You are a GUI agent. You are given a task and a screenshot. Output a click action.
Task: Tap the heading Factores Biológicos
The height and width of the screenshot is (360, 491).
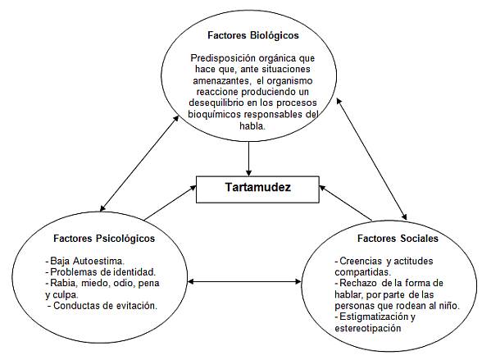tap(253, 35)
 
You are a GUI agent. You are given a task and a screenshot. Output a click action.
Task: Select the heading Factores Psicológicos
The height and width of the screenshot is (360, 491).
tap(104, 239)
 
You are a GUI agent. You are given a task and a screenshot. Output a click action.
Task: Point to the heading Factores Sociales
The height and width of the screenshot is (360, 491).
tap(398, 239)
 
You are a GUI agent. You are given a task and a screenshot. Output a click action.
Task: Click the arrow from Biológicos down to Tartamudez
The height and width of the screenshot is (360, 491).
tap(248, 159)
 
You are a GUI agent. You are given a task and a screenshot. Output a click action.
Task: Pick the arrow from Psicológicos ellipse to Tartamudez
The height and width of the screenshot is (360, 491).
tap(170, 203)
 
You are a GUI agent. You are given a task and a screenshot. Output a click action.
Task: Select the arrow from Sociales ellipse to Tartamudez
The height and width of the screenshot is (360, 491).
tap(345, 203)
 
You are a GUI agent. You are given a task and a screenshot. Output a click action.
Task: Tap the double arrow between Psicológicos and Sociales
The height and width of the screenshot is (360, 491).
tap(244, 281)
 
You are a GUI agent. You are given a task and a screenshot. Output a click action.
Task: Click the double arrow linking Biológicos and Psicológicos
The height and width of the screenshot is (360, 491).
tap(139, 163)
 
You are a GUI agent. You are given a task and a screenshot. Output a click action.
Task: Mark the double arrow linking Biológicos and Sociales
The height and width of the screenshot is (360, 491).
tap(371, 159)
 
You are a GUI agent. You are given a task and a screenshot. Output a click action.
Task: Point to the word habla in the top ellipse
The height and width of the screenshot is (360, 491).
tap(252, 125)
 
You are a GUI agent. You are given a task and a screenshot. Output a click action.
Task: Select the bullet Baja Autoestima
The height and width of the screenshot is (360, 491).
tap(85, 261)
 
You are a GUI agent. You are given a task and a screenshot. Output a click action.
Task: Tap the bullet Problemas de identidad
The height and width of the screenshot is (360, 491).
tap(101, 271)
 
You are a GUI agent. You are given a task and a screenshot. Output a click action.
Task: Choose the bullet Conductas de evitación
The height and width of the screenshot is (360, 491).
tap(102, 306)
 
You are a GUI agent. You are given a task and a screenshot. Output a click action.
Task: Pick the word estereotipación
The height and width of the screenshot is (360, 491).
tap(368, 328)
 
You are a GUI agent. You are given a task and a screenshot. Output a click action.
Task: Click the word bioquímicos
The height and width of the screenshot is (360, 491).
tap(215, 114)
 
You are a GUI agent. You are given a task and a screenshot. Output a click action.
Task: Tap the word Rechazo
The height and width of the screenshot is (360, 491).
tap(358, 283)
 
